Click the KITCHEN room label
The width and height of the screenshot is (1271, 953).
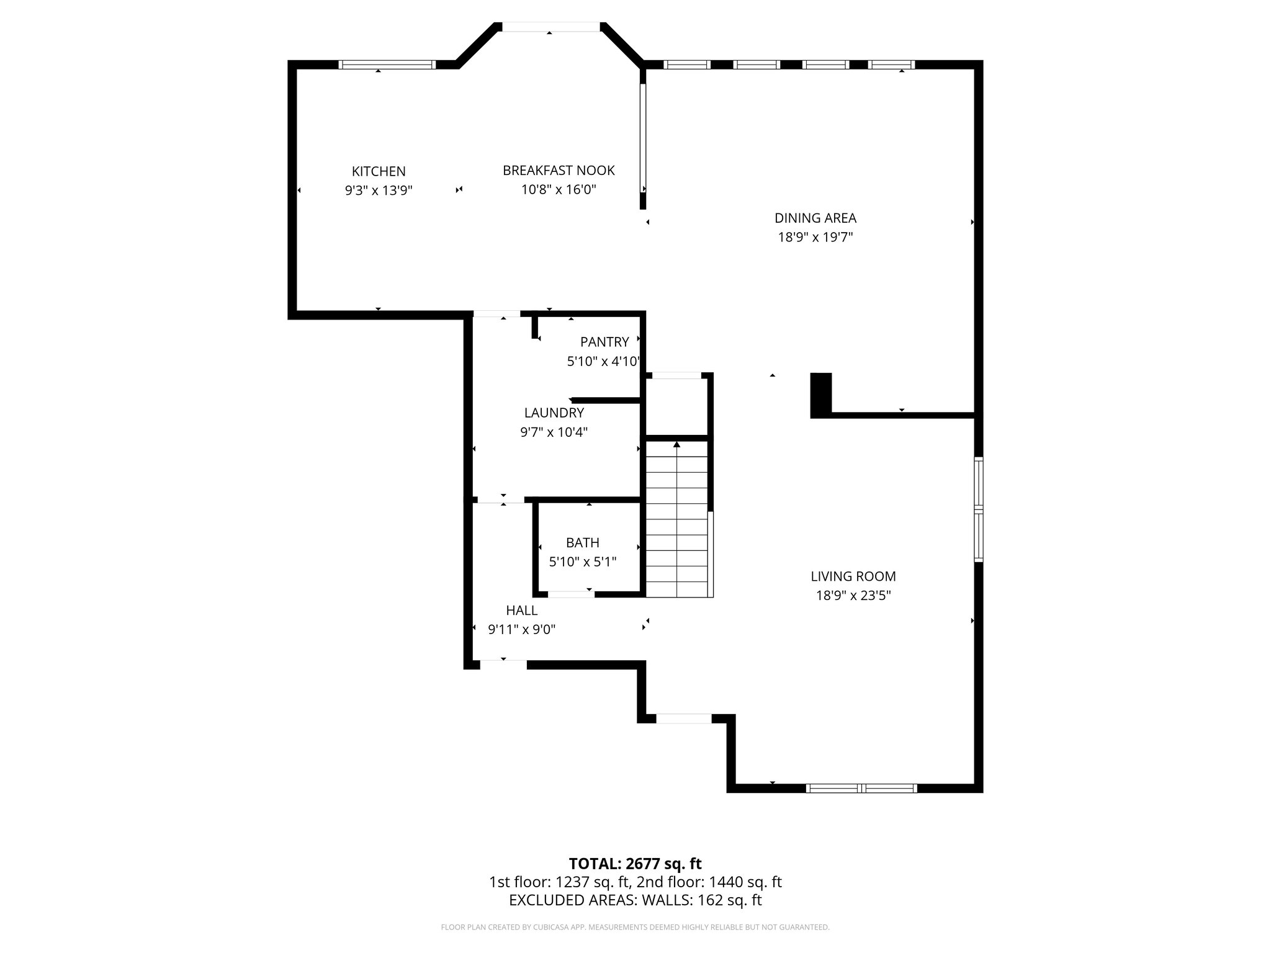point(379,171)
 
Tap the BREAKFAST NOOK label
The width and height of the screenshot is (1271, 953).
point(559,170)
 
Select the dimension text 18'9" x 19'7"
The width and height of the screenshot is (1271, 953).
point(815,237)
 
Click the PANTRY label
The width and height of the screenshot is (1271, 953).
point(604,341)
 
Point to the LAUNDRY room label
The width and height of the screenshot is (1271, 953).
point(554,413)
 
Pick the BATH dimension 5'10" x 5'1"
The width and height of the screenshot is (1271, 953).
point(583,562)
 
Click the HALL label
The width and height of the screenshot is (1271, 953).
point(521,610)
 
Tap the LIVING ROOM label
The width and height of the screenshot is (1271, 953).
point(853,576)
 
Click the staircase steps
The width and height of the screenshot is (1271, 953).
point(676,527)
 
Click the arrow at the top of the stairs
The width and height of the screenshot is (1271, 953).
point(676,444)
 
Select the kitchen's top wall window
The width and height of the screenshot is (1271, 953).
point(387,65)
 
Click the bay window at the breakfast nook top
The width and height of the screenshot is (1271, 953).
point(550,27)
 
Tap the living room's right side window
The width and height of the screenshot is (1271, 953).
point(978,509)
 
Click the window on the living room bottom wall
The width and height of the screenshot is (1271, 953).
point(861,788)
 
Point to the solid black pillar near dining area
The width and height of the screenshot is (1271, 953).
point(820,394)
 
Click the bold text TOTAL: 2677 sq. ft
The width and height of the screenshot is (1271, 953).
point(635,864)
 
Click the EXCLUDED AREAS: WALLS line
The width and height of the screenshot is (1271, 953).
point(635,900)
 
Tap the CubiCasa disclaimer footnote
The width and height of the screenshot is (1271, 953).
point(635,927)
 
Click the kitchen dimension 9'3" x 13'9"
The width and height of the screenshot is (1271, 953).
point(379,190)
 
